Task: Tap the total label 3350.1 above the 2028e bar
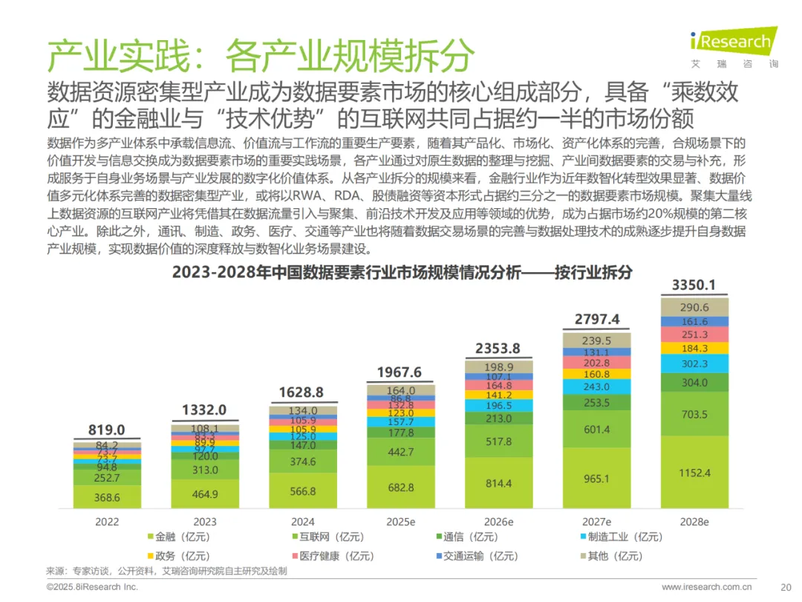tap(694, 285)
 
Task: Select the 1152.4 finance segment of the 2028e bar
tap(694, 472)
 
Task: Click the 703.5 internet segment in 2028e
tap(694, 415)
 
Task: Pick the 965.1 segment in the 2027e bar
tap(596, 479)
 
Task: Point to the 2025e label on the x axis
tap(401, 522)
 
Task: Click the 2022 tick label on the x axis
tap(107, 522)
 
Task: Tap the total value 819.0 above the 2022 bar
tap(106, 430)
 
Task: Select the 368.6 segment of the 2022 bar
tap(107, 497)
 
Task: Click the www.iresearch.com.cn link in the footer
tap(705, 586)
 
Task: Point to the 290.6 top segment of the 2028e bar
tap(694, 307)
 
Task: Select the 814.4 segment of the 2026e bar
tap(498, 483)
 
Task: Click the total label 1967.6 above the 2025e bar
tap(401, 372)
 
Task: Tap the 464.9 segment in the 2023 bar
tap(205, 494)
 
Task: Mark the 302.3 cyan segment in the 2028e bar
tap(694, 364)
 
